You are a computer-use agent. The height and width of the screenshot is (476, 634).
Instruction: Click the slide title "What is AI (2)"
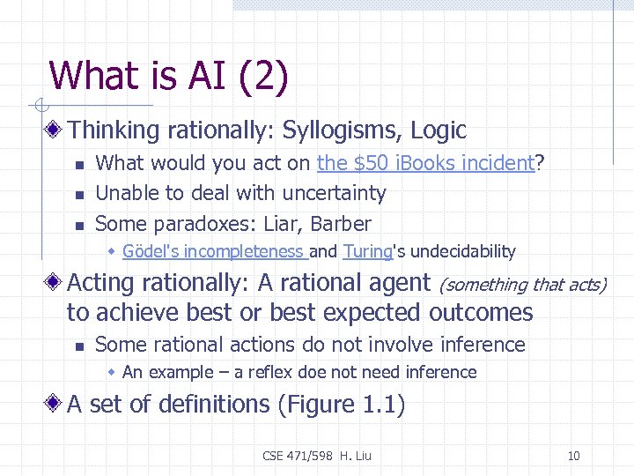(x=168, y=77)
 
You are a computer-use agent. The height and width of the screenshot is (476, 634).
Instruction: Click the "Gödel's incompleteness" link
(x=213, y=252)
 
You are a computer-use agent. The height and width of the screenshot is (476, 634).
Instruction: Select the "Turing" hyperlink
(x=367, y=252)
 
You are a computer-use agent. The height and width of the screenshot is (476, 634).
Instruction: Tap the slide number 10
(x=574, y=456)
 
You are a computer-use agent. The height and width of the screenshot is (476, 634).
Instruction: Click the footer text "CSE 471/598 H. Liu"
(x=317, y=456)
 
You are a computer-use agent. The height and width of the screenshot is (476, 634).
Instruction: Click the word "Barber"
(x=336, y=224)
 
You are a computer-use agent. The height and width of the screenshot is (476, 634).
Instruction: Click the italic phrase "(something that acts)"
(x=522, y=284)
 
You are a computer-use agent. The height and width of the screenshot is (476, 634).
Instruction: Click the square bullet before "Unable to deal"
(x=78, y=194)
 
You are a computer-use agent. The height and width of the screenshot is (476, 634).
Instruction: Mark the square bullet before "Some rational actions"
(x=78, y=346)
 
